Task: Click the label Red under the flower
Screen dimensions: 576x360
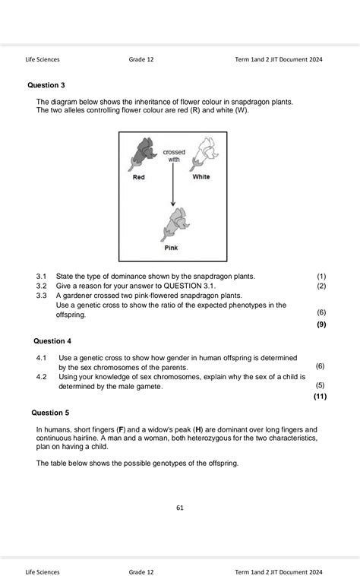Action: [139, 177]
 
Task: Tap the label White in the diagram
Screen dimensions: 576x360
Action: [201, 177]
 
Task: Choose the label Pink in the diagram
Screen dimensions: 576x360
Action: [172, 248]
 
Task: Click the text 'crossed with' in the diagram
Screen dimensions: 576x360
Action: [174, 156]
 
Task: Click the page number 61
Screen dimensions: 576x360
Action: [179, 508]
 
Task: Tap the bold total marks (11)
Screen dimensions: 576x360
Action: [319, 396]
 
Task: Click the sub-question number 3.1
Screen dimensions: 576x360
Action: [42, 276]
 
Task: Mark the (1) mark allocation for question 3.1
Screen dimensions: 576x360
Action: [321, 276]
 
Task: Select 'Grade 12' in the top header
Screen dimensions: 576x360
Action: [141, 59]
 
